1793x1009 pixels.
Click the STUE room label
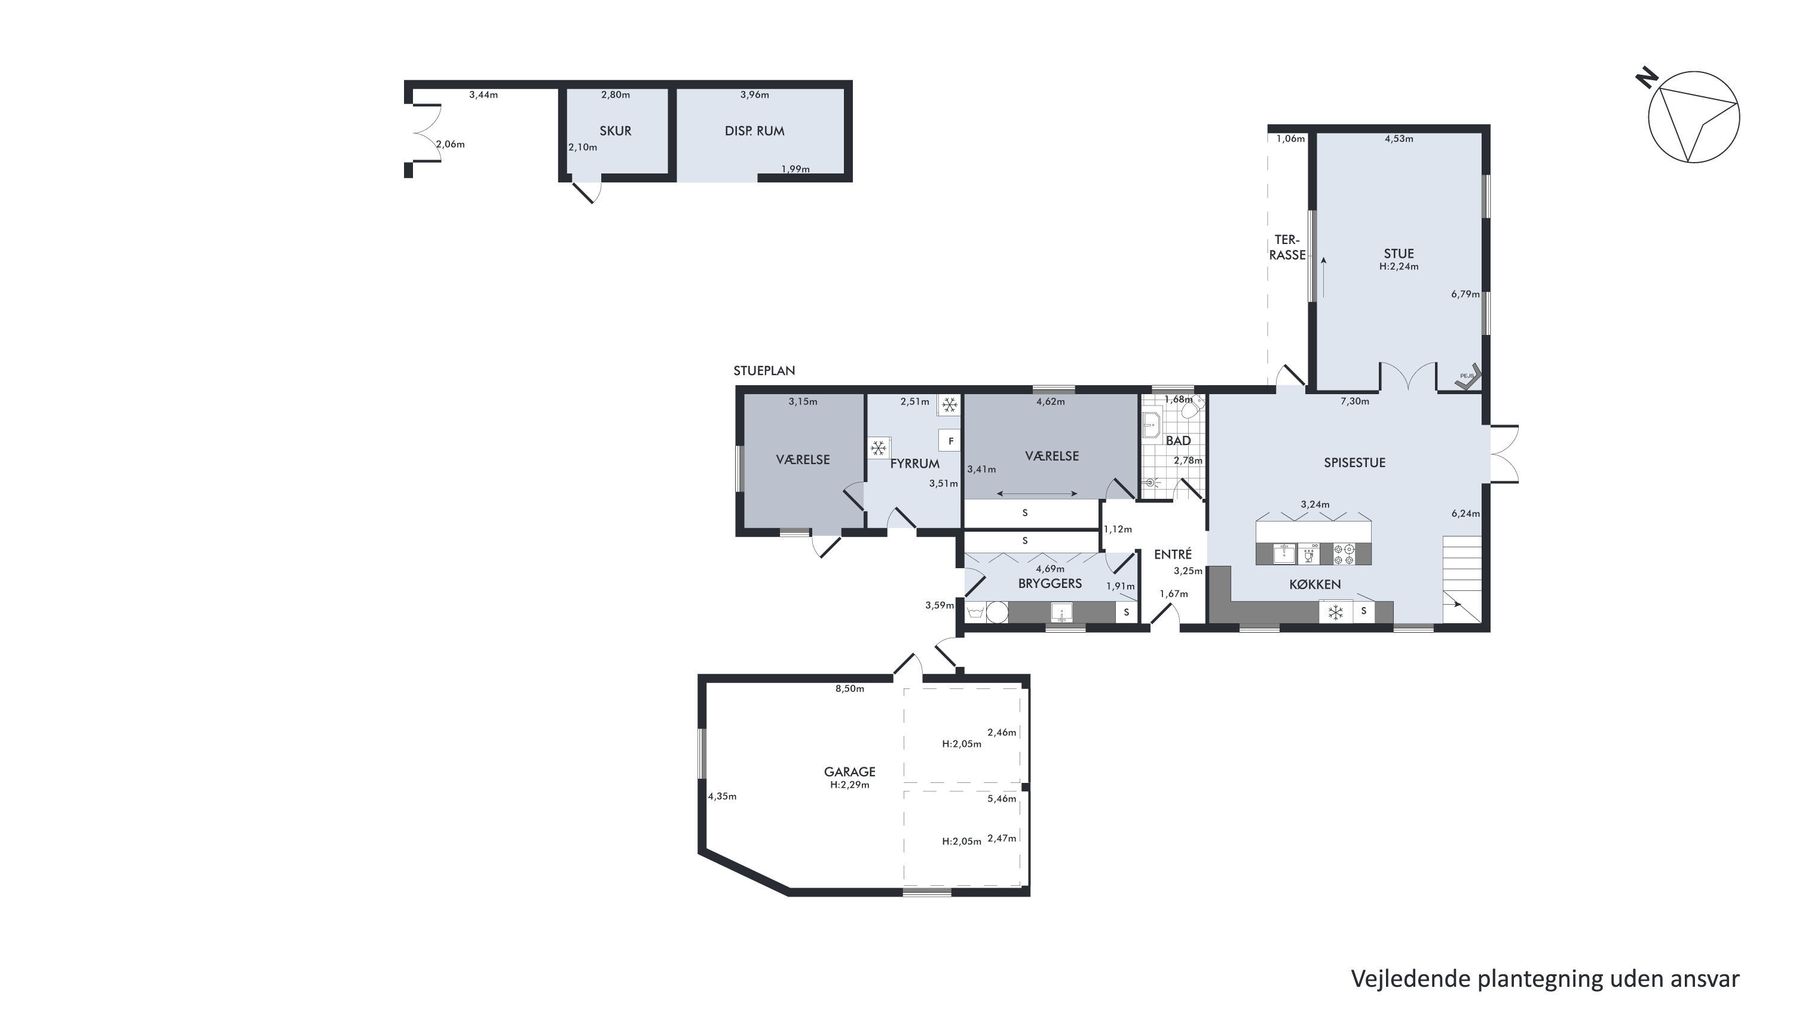1399,254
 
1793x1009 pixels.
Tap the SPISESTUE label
1354,462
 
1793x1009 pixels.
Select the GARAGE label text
849,772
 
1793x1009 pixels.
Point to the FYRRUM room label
914,464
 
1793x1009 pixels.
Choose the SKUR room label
616,131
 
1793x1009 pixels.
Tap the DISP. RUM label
754,131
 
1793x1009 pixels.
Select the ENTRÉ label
1173,554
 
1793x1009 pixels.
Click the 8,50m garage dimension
850,688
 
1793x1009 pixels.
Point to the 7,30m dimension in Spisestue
1354,401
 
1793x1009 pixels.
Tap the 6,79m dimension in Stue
1465,294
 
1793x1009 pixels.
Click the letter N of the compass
1646,78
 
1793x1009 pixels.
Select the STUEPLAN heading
764,370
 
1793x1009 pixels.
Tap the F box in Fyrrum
951,441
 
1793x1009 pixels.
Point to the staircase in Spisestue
1462,578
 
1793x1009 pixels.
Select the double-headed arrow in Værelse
1037,493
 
